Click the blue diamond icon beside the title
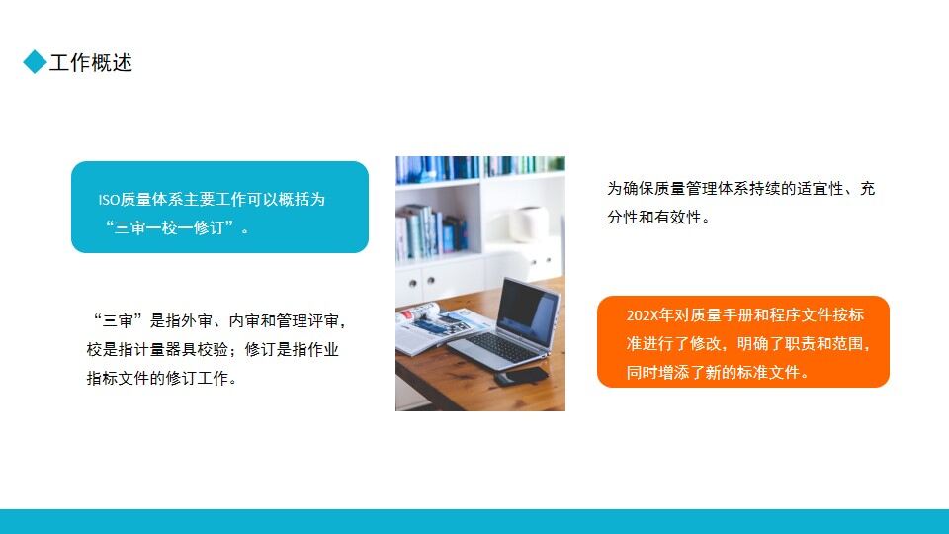(x=36, y=62)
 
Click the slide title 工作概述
(x=91, y=63)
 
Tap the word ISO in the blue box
(x=109, y=199)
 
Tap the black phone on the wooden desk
(x=521, y=376)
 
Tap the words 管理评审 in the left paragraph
(x=307, y=320)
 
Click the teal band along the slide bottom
(x=474, y=521)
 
